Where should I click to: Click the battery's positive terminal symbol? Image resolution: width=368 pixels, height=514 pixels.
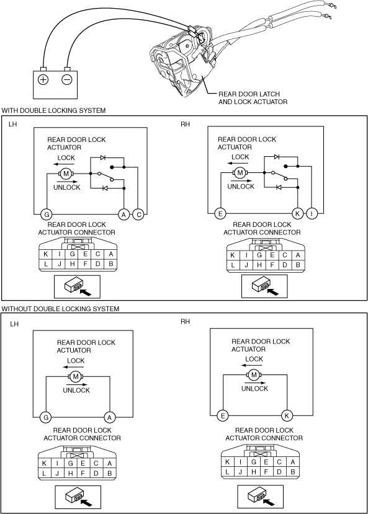[43, 79]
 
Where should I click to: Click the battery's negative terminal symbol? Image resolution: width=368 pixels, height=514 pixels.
[67, 79]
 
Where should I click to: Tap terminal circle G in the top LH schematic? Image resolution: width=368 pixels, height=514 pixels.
[47, 215]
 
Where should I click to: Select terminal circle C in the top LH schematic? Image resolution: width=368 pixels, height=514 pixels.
[139, 215]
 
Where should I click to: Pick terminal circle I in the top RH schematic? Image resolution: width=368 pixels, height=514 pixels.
[312, 214]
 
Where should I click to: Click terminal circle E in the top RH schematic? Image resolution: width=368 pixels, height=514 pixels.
[220, 214]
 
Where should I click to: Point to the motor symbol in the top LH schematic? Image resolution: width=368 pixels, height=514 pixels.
[66, 174]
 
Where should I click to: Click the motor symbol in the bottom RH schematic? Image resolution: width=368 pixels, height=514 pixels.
[254, 374]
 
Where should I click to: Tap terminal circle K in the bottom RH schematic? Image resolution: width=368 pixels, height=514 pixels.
[287, 416]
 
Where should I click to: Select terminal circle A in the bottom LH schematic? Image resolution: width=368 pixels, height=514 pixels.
[110, 417]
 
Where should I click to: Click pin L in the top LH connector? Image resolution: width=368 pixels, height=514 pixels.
[45, 264]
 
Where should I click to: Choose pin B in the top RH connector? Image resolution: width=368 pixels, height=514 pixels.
[298, 265]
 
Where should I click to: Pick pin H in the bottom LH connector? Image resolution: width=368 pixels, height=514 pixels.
[70, 473]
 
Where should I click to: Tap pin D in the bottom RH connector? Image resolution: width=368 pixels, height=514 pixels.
[279, 472]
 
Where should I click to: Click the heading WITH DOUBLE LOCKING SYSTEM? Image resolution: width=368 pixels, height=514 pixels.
[53, 110]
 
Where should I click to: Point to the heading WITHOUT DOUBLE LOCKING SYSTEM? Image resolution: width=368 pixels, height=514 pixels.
[60, 309]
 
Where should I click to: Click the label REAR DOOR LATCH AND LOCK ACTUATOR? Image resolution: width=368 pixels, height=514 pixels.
[253, 98]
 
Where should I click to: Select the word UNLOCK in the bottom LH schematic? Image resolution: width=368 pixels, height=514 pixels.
[76, 390]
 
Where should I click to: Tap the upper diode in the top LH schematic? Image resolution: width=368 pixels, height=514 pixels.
[103, 157]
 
